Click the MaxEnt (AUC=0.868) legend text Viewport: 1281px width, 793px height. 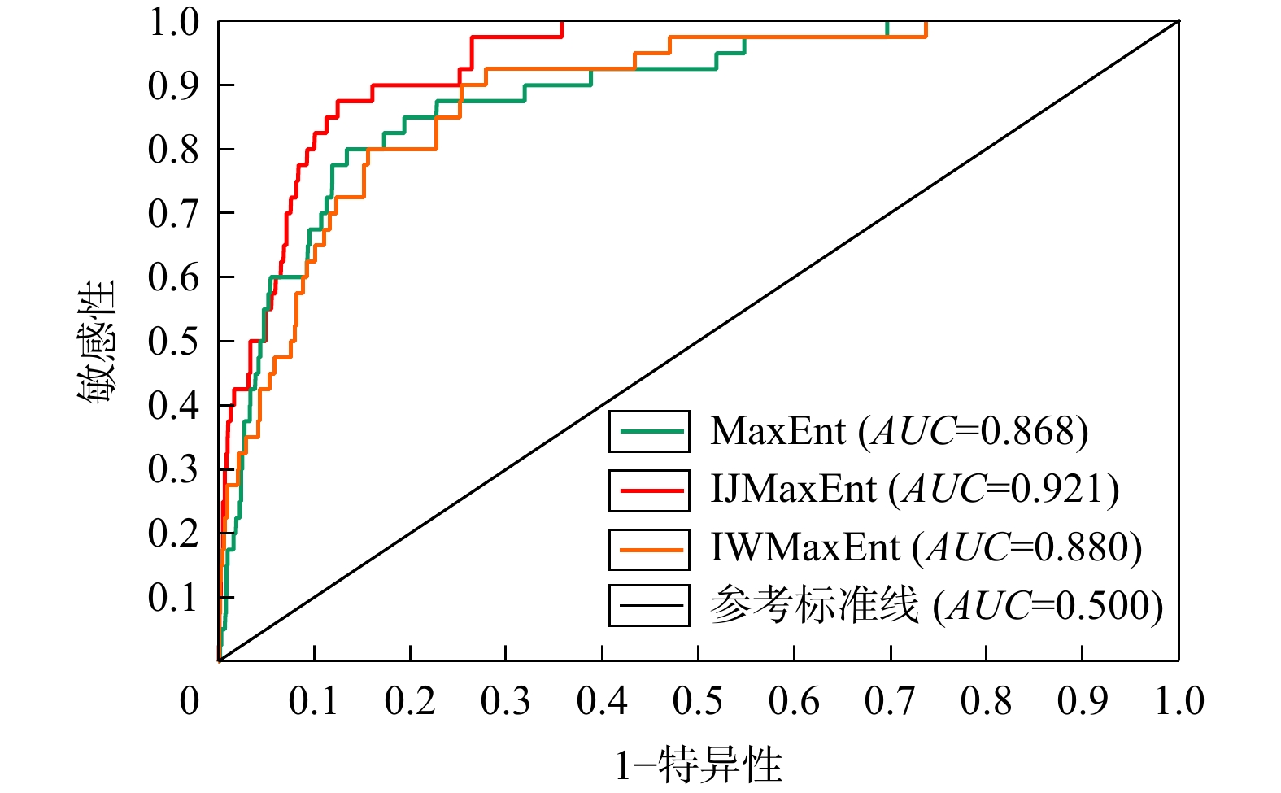(x=899, y=431)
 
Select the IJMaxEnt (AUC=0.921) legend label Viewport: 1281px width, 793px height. (x=914, y=490)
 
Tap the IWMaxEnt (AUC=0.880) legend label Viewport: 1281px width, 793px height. (x=926, y=547)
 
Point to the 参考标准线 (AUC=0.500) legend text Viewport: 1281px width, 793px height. (x=936, y=606)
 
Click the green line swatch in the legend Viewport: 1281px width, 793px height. (x=650, y=431)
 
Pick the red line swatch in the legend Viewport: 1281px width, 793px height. (x=650, y=490)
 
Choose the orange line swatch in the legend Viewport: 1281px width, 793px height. (x=650, y=548)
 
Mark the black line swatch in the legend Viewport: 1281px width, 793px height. (x=650, y=606)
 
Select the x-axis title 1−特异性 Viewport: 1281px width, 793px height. (x=698, y=765)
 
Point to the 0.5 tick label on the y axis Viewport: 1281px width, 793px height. (x=173, y=341)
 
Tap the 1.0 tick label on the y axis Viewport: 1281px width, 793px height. (x=173, y=22)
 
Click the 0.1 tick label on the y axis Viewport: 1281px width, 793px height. (x=173, y=597)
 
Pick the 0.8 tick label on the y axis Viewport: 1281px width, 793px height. (x=173, y=149)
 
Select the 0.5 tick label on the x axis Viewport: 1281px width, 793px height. (x=698, y=701)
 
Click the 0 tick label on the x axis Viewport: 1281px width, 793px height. (x=190, y=701)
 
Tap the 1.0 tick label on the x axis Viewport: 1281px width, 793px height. (x=1179, y=701)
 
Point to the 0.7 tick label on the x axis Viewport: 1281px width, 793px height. (x=890, y=701)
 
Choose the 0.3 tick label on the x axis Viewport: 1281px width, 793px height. (x=506, y=701)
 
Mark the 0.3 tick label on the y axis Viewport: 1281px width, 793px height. (x=173, y=469)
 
